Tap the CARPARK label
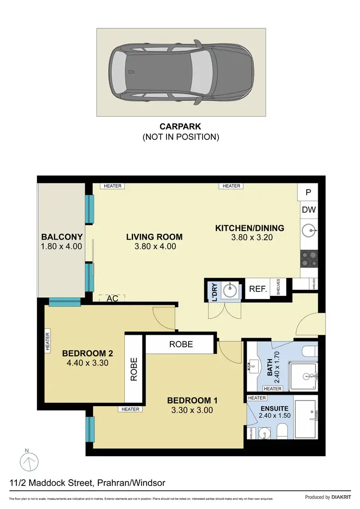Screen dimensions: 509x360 coord(180,127)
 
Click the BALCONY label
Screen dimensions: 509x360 coord(62,237)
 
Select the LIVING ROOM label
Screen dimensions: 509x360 coord(154,237)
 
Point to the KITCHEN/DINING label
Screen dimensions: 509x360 coord(250,228)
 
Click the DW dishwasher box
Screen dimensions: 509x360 coord(308,209)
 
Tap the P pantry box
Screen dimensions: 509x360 coord(308,192)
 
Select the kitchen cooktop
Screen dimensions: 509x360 coord(309,260)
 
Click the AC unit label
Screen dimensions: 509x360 coord(112,298)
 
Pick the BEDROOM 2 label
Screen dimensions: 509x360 coord(84,354)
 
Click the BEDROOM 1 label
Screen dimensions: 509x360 coord(189,400)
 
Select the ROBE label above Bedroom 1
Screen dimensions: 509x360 coord(181,344)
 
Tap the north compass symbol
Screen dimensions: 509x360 coord(30,461)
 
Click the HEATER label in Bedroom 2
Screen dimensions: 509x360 coord(48,342)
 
